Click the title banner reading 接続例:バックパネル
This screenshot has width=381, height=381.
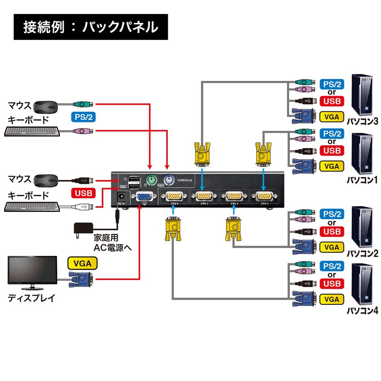[90, 27]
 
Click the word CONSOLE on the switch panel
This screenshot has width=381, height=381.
[184, 180]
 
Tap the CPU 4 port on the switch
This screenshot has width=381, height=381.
[174, 196]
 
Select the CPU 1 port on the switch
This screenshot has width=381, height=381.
[264, 196]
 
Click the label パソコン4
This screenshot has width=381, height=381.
[362, 311]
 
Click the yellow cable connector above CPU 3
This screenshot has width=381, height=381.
[203, 152]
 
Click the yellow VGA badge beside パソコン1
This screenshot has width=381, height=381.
[331, 166]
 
